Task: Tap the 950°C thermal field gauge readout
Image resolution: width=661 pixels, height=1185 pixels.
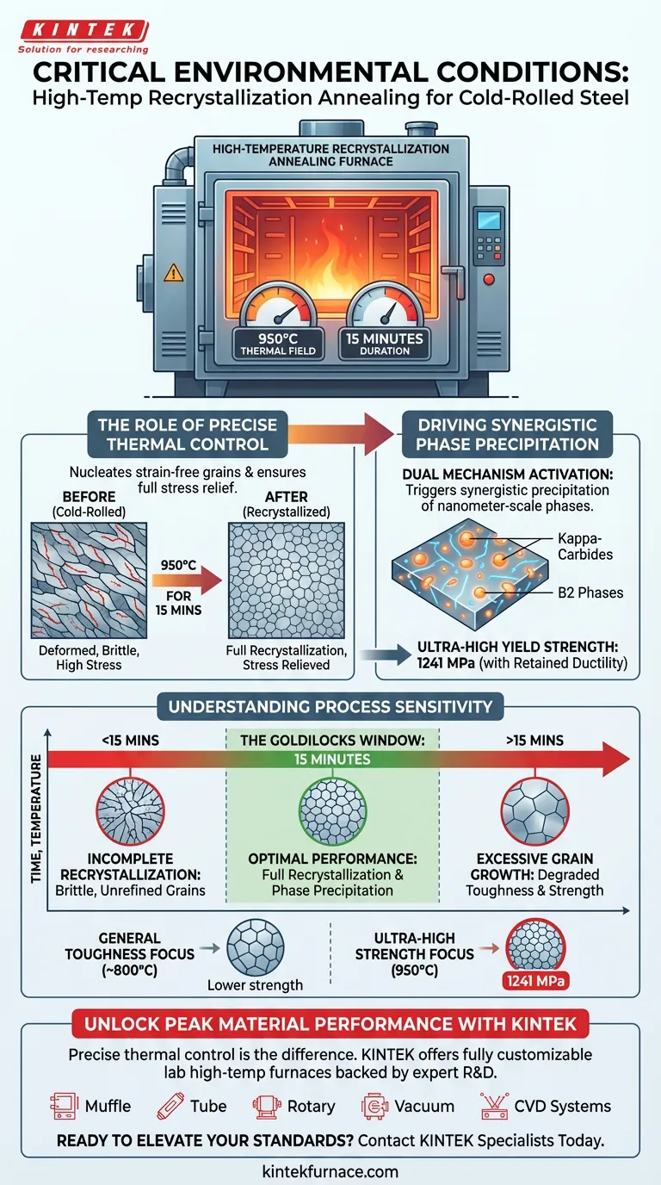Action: (277, 344)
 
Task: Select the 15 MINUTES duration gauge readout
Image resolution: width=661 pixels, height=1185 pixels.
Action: (385, 344)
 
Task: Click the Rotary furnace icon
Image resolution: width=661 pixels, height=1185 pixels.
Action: (263, 1106)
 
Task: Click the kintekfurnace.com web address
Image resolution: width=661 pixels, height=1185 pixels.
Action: (330, 1171)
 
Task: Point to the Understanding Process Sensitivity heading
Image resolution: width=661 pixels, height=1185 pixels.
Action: (330, 707)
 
